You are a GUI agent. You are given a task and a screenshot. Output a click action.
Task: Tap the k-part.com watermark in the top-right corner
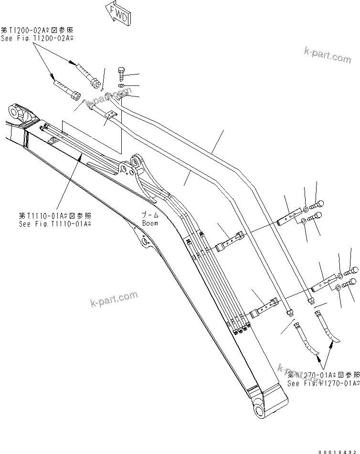click(x=327, y=56)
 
